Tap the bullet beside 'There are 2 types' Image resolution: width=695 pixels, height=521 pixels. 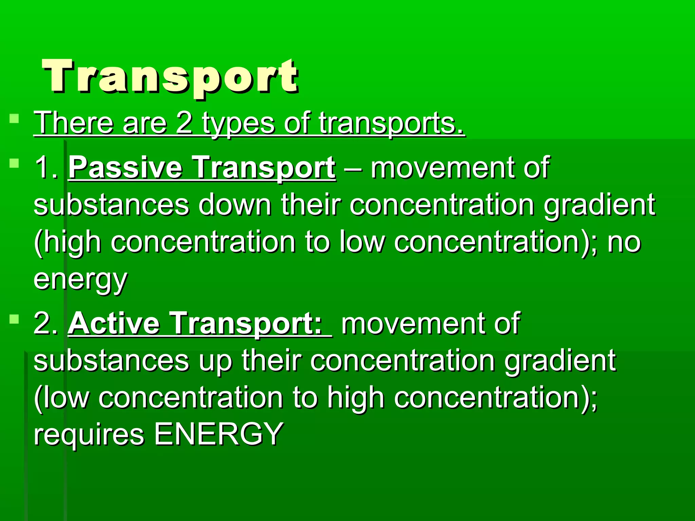click(x=14, y=119)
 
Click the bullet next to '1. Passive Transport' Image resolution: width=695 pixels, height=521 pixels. click(x=14, y=163)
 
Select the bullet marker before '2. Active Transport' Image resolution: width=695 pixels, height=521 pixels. click(x=14, y=319)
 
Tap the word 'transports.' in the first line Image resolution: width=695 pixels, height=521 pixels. click(x=391, y=124)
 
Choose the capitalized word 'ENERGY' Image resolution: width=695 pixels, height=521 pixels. click(x=219, y=434)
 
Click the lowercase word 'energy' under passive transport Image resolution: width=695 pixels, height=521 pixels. click(x=80, y=280)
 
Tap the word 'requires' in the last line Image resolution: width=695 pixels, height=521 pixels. click(x=89, y=435)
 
